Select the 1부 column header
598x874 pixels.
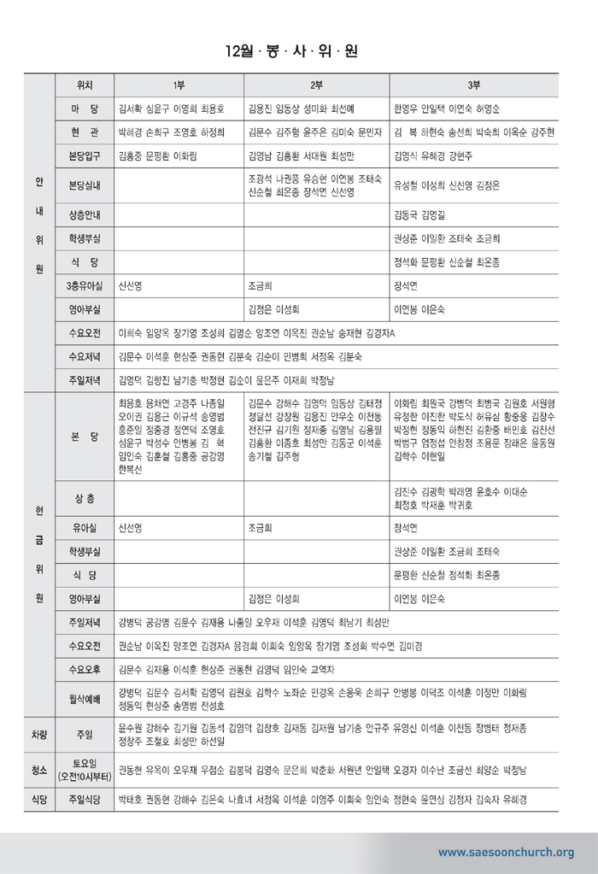click(x=179, y=85)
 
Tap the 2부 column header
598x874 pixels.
click(x=316, y=85)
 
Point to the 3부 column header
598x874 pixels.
click(x=474, y=85)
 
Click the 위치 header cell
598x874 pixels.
click(x=85, y=85)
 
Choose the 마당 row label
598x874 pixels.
click(x=85, y=109)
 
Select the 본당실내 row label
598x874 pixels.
click(x=85, y=185)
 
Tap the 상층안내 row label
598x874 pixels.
click(x=85, y=214)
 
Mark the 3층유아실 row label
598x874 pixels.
click(x=85, y=286)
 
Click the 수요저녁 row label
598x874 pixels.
click(x=85, y=356)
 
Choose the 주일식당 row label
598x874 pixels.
click(x=85, y=800)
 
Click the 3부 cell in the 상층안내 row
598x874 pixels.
click(x=474, y=214)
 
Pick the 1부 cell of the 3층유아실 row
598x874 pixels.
click(x=179, y=287)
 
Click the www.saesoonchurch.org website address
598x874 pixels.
click(x=506, y=852)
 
